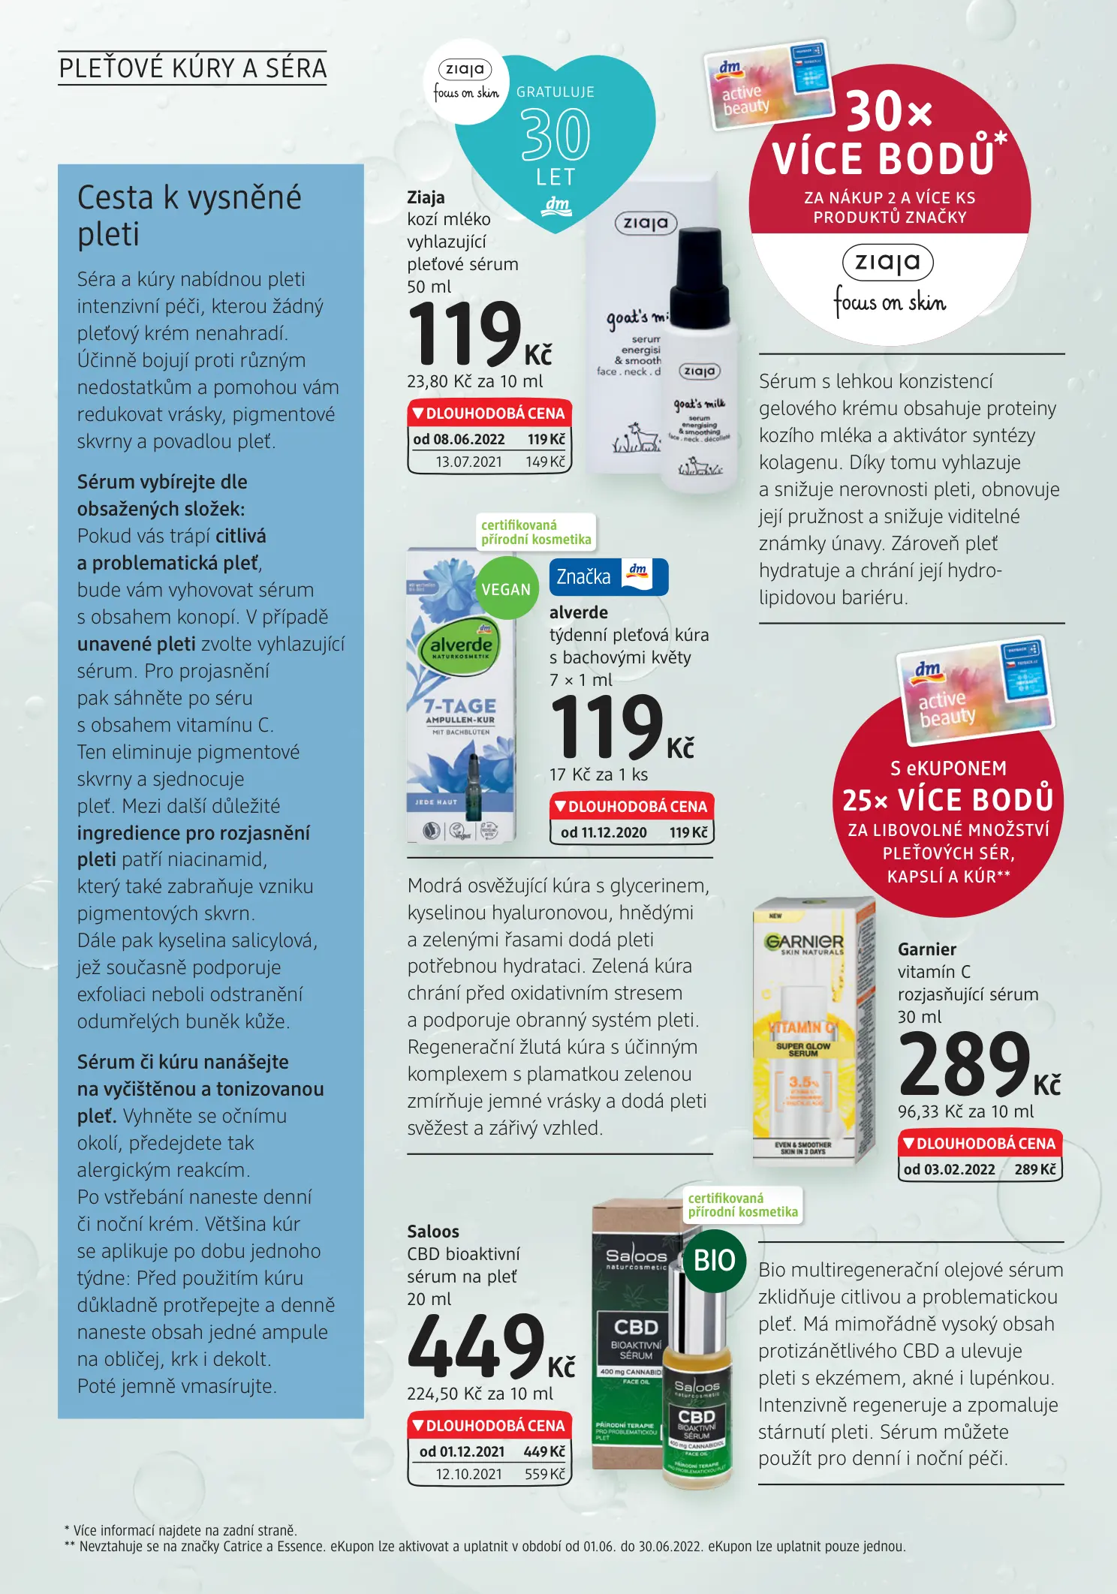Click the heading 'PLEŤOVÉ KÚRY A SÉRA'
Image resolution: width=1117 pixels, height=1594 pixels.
point(192,68)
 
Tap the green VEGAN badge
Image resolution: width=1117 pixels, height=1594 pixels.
point(507,589)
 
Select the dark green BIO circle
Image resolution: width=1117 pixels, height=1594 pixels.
point(714,1260)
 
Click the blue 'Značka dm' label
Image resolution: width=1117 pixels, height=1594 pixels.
point(608,576)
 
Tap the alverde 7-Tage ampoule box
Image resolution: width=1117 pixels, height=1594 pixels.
point(461,698)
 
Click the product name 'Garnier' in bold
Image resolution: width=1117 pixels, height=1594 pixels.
point(927,949)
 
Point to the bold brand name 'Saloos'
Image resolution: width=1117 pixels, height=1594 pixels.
point(433,1232)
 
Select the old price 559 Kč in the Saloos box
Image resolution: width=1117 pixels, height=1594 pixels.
point(544,1474)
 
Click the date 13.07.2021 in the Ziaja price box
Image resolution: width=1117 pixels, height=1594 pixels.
point(468,462)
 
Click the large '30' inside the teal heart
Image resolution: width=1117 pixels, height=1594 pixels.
point(555,135)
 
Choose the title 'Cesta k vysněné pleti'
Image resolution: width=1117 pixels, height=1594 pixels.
point(189,215)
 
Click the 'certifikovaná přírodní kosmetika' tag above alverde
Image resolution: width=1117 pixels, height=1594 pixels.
point(536,532)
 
